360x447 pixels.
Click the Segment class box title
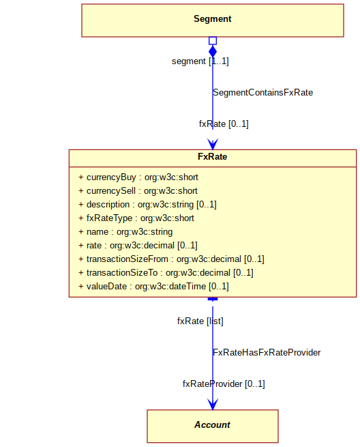[213, 19]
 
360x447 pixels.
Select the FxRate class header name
[213, 156]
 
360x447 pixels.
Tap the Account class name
[212, 424]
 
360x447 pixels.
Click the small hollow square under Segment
[213, 41]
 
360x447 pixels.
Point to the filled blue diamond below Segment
[213, 51]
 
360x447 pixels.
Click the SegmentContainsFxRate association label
[263, 93]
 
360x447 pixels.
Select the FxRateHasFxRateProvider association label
[267, 353]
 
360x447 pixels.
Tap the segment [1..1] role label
[200, 61]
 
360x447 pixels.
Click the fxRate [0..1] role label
[224, 124]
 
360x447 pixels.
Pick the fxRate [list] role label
[200, 321]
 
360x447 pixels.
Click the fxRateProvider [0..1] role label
[224, 384]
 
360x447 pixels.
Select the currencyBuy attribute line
[138, 177]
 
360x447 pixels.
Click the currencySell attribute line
[138, 191]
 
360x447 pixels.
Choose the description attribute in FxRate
[147, 205]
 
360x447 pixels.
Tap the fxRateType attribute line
[136, 218]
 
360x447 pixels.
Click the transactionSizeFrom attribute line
[171, 259]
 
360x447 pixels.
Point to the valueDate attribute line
[153, 287]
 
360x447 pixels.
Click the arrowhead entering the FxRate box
[213, 144]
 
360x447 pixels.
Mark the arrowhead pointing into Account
[213, 405]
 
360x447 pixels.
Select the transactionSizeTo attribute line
[166, 273]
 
